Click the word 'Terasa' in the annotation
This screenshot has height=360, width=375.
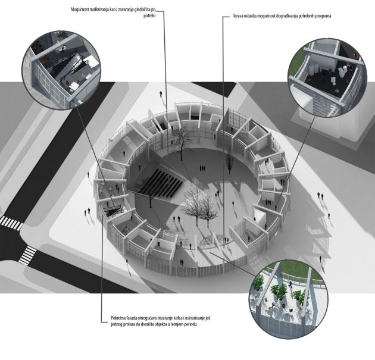click(239, 16)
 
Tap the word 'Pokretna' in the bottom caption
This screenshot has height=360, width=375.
click(118, 318)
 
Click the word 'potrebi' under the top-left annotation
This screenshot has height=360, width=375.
click(150, 16)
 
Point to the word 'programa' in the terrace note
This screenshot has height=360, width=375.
click(323, 17)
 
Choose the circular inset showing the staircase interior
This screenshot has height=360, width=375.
click(61, 70)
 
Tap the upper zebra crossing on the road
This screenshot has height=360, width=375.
click(11, 223)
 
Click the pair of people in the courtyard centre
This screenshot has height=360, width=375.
click(202, 168)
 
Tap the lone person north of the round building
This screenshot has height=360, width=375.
click(161, 94)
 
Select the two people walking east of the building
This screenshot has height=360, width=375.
click(320, 196)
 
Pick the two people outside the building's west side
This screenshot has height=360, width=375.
click(87, 212)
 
